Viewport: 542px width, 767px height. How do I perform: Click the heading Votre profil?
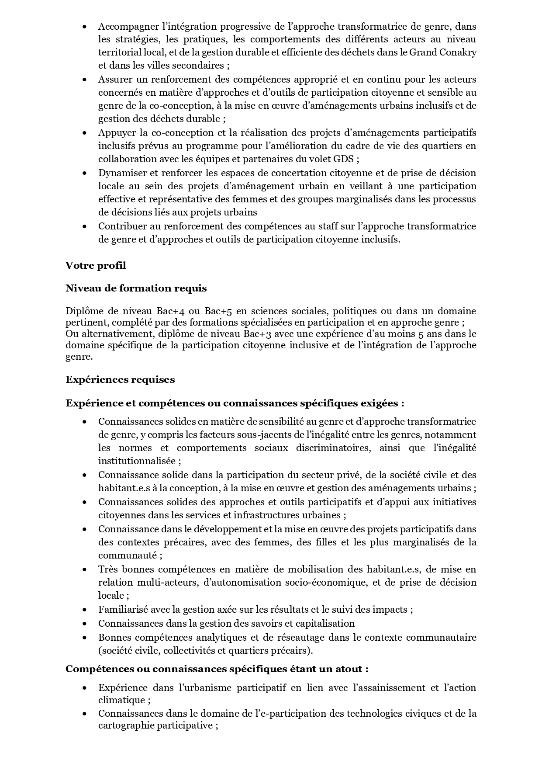[96, 265]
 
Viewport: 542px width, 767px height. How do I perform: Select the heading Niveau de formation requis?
[136, 288]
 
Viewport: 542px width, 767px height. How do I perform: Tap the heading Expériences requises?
[120, 379]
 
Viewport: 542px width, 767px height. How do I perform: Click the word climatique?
[121, 700]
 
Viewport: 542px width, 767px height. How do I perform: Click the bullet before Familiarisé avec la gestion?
[84, 610]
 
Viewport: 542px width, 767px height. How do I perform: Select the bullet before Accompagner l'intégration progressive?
[84, 27]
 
